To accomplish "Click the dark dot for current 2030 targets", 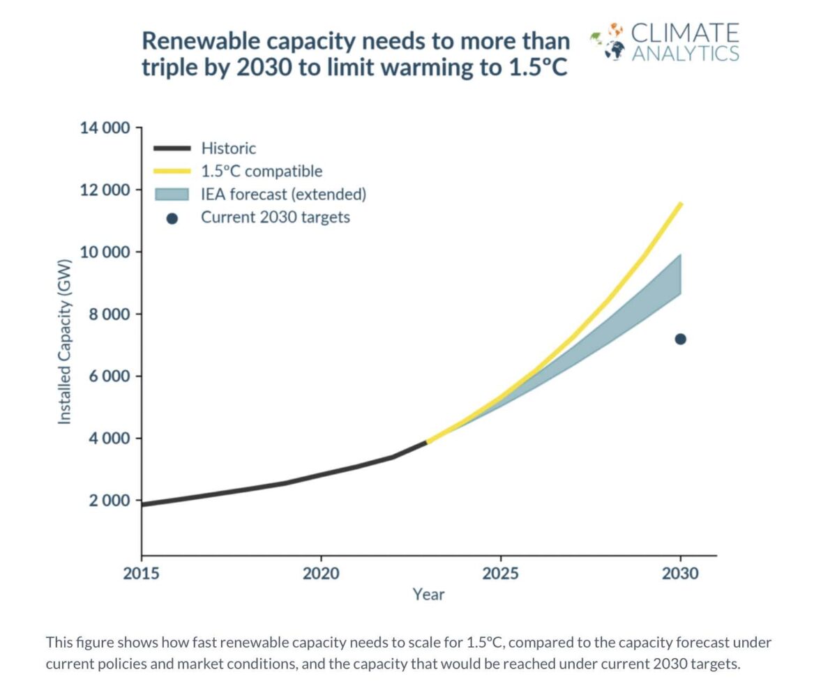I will coord(680,339).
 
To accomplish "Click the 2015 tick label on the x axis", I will coord(142,574).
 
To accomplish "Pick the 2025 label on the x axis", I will coord(500,574).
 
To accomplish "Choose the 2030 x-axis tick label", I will coord(680,574).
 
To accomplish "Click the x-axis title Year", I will coord(428,595).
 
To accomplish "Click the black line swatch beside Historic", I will coord(172,148).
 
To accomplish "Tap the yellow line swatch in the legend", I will coord(172,171).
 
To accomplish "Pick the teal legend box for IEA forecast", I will coord(172,194).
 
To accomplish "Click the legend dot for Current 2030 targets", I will coord(172,218).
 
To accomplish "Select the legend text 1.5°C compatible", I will coord(262,171).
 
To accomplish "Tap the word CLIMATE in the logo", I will coord(684,33).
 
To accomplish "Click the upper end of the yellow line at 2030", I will coord(680,204).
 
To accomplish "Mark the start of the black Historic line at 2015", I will coord(143,504).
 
